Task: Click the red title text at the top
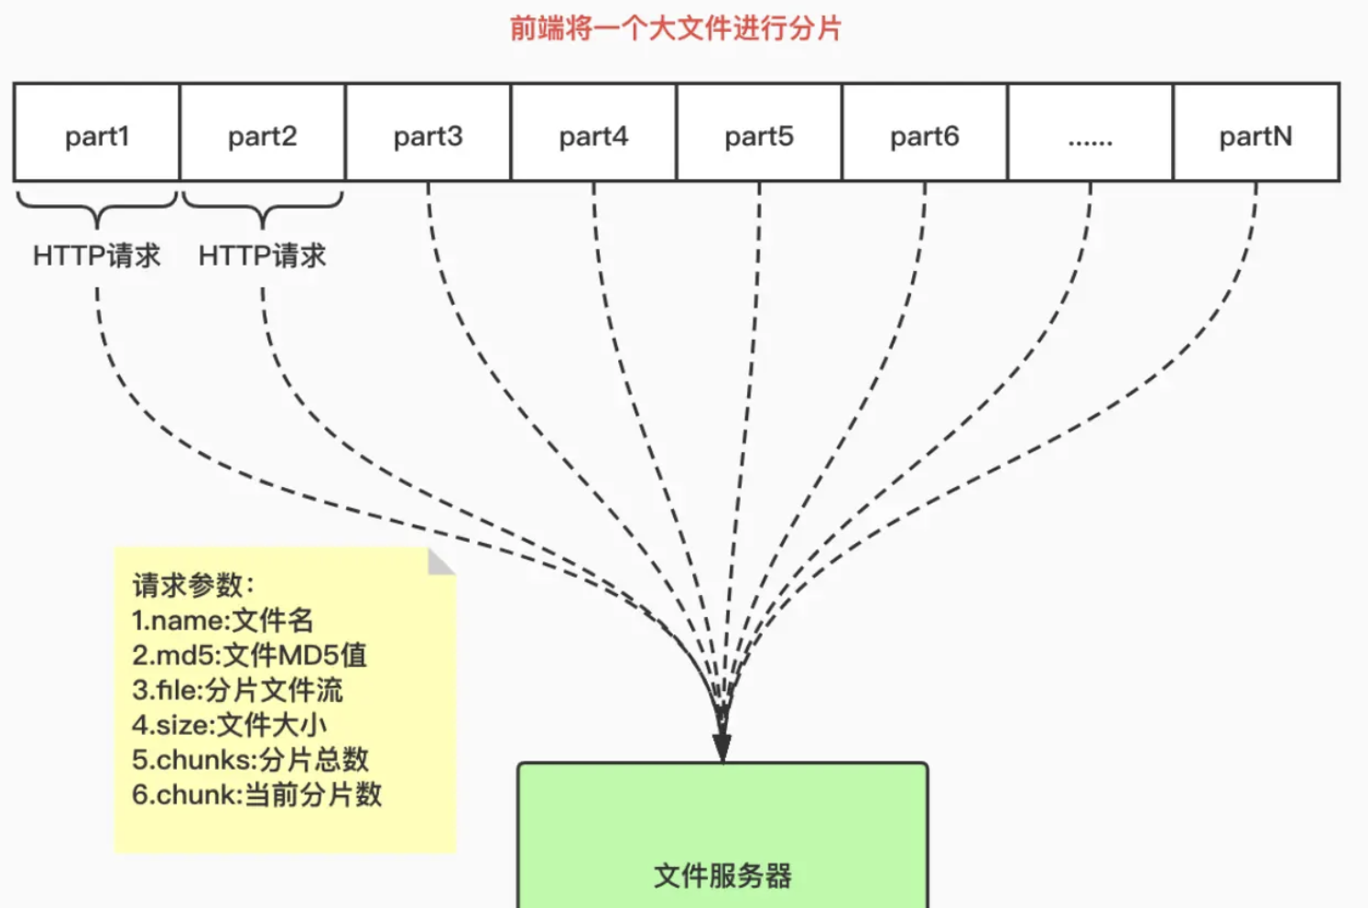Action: pyautogui.click(x=675, y=28)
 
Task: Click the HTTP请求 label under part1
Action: pyautogui.click(x=97, y=255)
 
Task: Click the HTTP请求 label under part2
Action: pyautogui.click(x=263, y=255)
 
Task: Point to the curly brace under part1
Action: pyautogui.click(x=97, y=209)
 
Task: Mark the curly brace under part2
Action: pyautogui.click(x=263, y=209)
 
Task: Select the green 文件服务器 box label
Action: pyautogui.click(x=722, y=875)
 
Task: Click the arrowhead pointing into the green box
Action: pyautogui.click(x=722, y=746)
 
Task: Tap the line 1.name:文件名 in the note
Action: pyautogui.click(x=223, y=621)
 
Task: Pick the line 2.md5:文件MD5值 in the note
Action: pyautogui.click(x=249, y=655)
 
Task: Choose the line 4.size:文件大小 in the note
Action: pyautogui.click(x=229, y=725)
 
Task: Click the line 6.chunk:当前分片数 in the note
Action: pyautogui.click(x=256, y=794)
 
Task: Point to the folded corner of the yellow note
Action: pyautogui.click(x=440, y=561)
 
